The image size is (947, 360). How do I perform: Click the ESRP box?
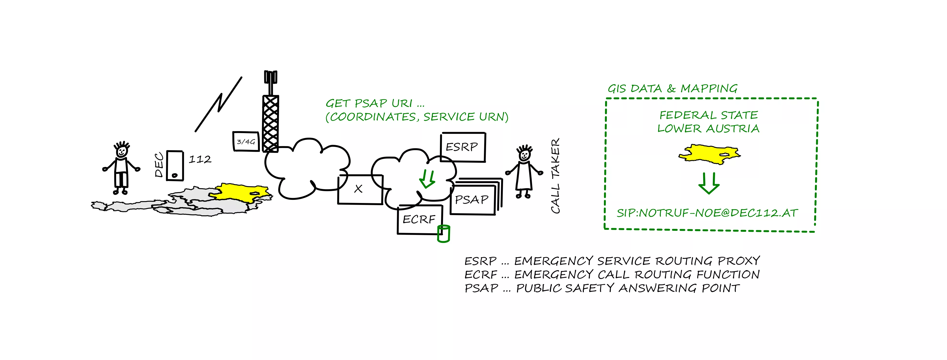pyautogui.click(x=462, y=147)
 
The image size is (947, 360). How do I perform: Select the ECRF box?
pyautogui.click(x=419, y=219)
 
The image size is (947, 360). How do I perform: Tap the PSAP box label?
pyautogui.click(x=472, y=200)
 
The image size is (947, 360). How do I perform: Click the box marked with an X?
pyautogui.click(x=360, y=189)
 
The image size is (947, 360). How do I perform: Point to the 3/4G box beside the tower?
pyautogui.click(x=246, y=142)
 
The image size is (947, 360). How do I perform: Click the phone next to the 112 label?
pyautogui.click(x=175, y=165)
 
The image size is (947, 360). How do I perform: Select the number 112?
pyautogui.click(x=200, y=160)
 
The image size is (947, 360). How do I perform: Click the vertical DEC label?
pyautogui.click(x=159, y=165)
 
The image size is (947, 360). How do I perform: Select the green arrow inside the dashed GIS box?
pyautogui.click(x=708, y=183)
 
